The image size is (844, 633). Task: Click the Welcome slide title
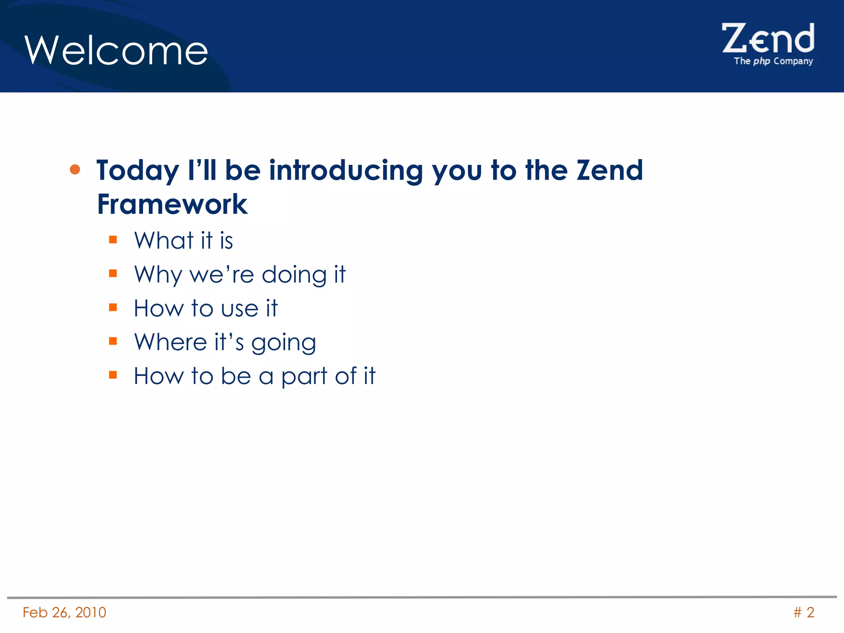pos(116,51)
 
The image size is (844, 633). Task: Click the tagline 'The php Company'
pos(773,61)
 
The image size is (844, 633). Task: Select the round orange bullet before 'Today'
pos(75,169)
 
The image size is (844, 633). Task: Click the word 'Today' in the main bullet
pos(137,171)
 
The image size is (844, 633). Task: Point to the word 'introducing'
pos(345,170)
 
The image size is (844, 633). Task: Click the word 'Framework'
pos(172,204)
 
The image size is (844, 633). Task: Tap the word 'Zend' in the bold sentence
pos(610,170)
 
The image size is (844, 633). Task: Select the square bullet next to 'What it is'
pos(113,239)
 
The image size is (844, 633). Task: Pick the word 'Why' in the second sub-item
pos(158,275)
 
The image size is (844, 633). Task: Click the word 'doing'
pos(294,275)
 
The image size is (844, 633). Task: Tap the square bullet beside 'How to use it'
pos(113,307)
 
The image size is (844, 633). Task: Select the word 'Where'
pos(170,342)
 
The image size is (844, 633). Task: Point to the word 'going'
pos(284,344)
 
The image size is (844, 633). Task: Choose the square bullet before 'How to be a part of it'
pos(113,375)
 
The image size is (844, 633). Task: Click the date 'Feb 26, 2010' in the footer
pos(64,612)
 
